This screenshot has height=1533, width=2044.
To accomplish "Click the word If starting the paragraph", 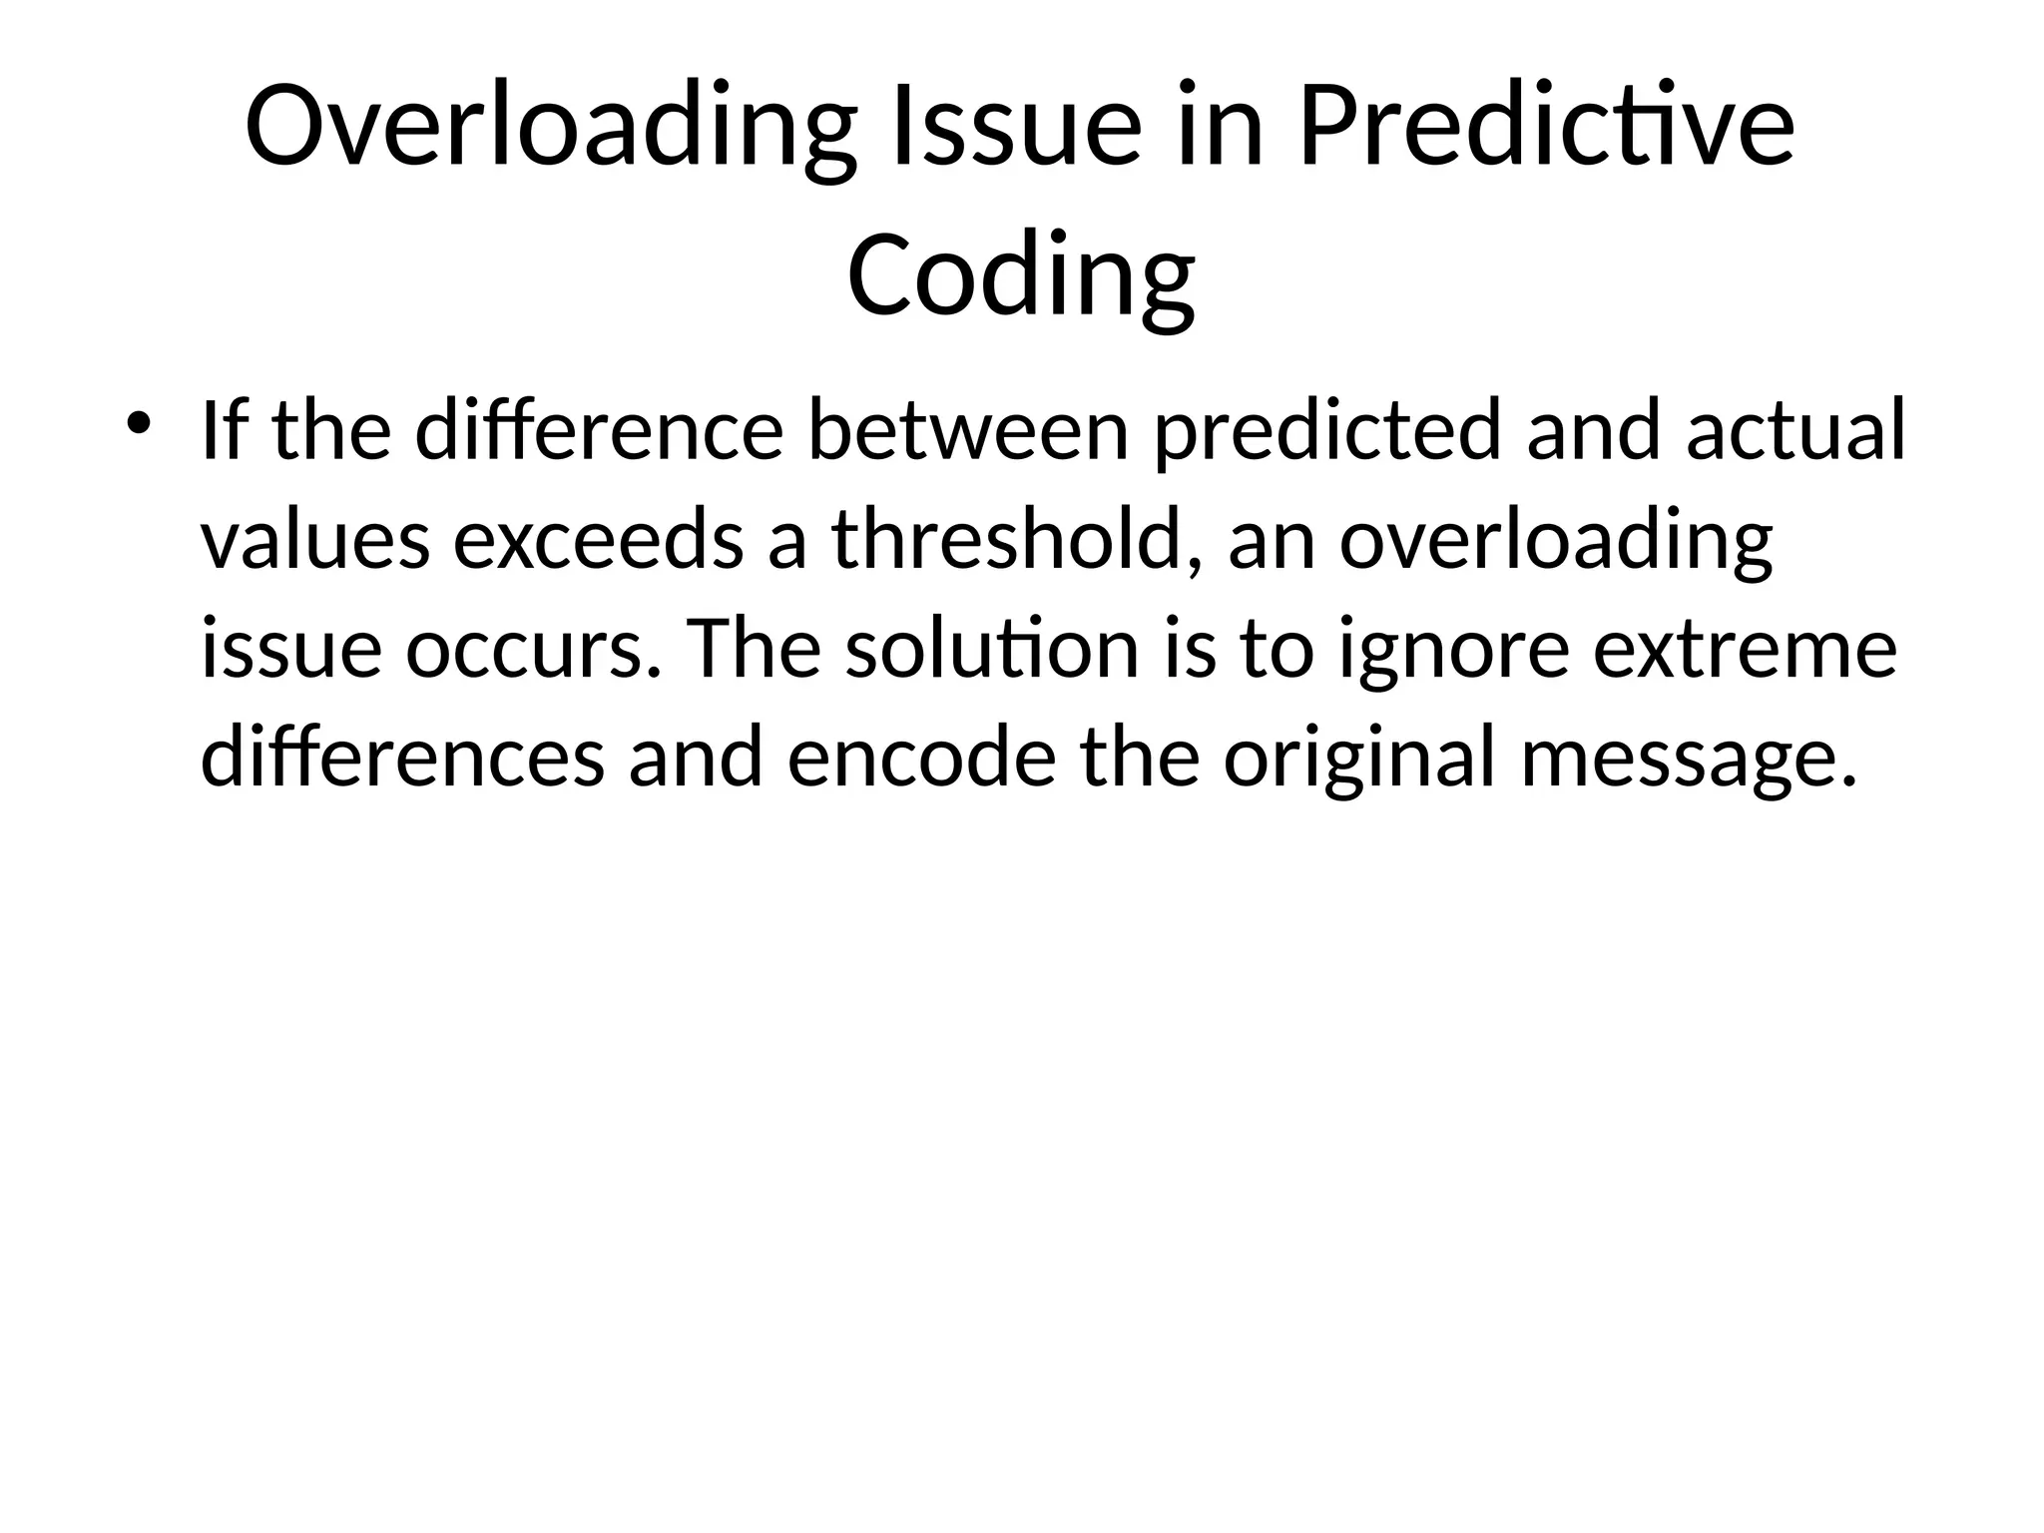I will pos(226,431).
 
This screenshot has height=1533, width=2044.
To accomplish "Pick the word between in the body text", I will pos(967,431).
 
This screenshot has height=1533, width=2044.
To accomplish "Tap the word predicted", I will pos(1327,431).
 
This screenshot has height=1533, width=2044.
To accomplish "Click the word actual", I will pos(1795,431).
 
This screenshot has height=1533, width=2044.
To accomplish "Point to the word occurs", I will pos(533,649).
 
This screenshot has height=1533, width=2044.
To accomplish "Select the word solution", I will pos(992,649).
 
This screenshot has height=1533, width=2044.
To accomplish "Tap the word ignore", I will pos(1455,649).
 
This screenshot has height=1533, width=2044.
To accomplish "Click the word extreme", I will pos(1744,649).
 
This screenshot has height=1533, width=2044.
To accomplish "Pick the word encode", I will pos(921,758).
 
